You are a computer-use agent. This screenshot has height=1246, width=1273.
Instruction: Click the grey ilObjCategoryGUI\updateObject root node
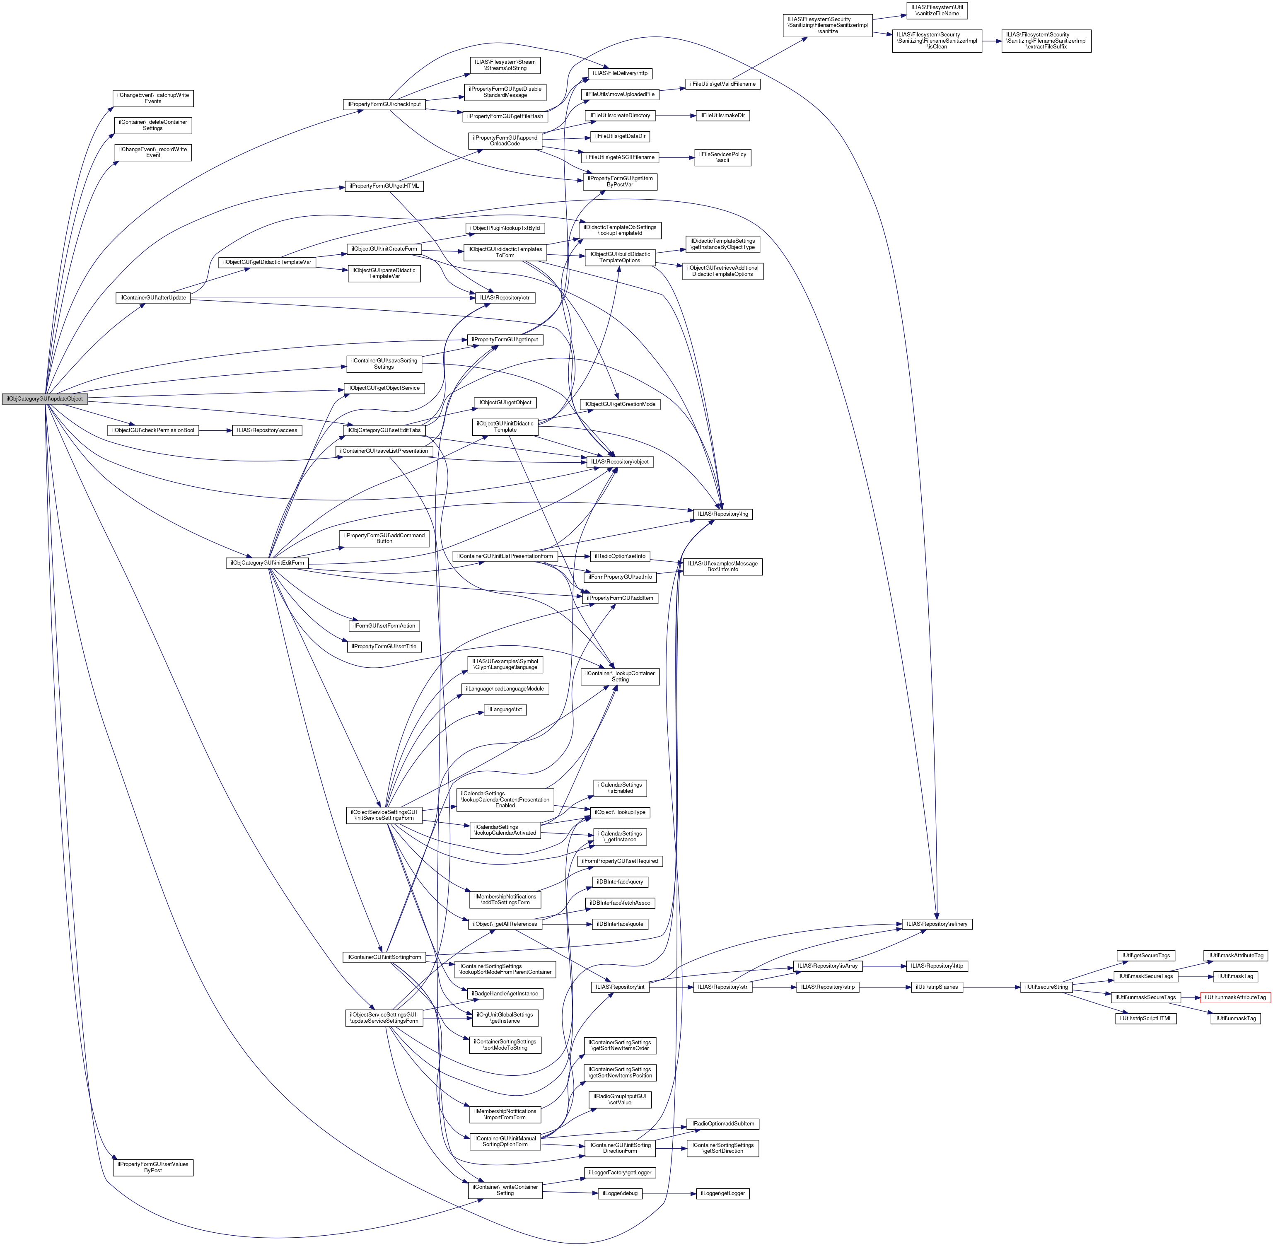pyautogui.click(x=44, y=398)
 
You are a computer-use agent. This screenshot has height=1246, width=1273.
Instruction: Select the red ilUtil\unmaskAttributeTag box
pyautogui.click(x=1235, y=997)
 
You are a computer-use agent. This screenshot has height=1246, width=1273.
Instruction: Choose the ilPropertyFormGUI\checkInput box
pyautogui.click(x=384, y=104)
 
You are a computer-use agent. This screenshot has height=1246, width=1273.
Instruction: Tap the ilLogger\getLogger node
pyautogui.click(x=722, y=1193)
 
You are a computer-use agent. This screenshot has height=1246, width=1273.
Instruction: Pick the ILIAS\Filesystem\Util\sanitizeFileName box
pyautogui.click(x=937, y=10)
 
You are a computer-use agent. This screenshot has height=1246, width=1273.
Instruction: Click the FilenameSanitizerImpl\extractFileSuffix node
pyautogui.click(x=1046, y=41)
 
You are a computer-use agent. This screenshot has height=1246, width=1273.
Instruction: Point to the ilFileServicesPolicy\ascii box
pyautogui.click(x=722, y=157)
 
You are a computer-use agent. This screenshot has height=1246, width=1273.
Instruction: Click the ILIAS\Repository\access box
pyautogui.click(x=267, y=431)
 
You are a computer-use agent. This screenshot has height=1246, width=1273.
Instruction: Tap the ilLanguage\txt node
pyautogui.click(x=505, y=710)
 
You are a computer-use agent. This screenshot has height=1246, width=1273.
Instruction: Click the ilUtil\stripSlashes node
pyautogui.click(x=937, y=987)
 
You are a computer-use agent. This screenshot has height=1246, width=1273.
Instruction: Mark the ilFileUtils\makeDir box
pyautogui.click(x=722, y=115)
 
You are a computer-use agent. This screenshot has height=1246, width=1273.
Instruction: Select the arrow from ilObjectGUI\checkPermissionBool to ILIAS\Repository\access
pyautogui.click(x=216, y=431)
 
